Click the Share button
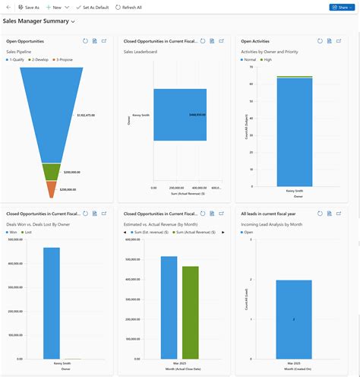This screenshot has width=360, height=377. [343, 7]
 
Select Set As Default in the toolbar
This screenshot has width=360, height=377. [92, 7]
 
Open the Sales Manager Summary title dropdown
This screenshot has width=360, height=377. [72, 22]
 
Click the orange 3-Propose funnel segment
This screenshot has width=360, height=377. [51, 188]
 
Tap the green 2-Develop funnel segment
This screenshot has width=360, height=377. [51, 172]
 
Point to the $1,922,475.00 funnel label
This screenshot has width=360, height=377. [86, 115]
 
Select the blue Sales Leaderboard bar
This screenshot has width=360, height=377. [179, 115]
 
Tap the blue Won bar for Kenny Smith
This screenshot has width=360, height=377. [52, 303]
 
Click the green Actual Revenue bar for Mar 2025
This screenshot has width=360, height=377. [190, 312]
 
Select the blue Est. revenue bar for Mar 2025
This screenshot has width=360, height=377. [169, 307]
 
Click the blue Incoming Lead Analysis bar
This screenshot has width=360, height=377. [293, 319]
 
